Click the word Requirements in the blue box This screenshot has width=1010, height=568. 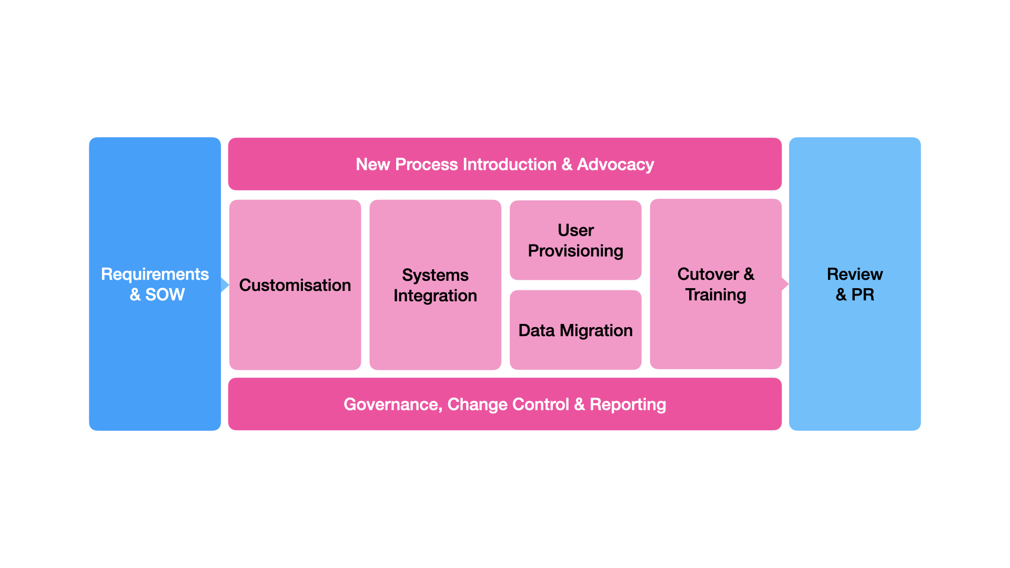coord(155,274)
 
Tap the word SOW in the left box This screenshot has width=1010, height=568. coord(165,295)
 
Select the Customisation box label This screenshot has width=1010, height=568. coord(295,285)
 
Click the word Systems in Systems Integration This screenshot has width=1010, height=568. coord(435,275)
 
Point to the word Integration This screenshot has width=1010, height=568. coord(435,296)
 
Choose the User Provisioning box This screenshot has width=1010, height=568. coord(575,240)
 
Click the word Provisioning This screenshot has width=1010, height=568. coord(575,251)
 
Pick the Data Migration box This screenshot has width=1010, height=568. coord(575,330)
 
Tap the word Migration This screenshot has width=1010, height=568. coord(596,330)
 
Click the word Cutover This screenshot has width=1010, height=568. coord(708,274)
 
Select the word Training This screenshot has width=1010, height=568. coord(715,295)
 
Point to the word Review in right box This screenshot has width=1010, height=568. coord(855,274)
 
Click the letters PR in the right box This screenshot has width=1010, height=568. coord(863,295)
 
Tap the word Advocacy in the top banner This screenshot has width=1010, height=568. coord(615,165)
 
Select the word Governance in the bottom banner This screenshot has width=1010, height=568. coord(392,404)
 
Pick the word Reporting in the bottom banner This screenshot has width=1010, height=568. coord(628,404)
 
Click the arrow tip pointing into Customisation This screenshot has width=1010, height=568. coord(226,285)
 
